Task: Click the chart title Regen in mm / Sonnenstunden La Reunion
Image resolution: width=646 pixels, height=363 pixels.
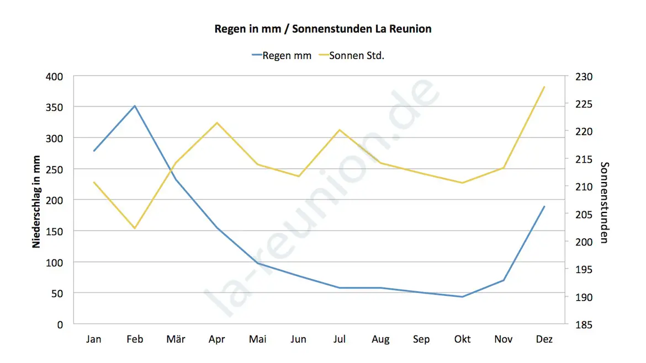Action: [323, 29]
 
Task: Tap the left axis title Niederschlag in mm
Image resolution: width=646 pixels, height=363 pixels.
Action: [36, 201]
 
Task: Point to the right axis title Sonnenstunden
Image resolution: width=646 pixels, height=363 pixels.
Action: [604, 202]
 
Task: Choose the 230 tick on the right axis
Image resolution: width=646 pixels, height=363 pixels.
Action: [583, 76]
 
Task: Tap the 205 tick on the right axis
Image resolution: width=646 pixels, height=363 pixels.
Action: [583, 214]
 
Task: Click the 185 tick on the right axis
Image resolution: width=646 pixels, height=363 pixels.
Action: [583, 324]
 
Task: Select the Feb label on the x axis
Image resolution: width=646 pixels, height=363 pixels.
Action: [135, 339]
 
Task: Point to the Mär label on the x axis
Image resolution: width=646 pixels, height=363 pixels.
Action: [176, 339]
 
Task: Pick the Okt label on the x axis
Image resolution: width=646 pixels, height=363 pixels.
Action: [463, 339]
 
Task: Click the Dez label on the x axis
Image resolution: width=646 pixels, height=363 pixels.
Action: [544, 339]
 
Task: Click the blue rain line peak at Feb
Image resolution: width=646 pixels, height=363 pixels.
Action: [135, 106]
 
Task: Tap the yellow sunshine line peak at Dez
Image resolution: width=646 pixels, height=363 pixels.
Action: [544, 87]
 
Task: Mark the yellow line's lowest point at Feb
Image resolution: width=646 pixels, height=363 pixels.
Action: [135, 228]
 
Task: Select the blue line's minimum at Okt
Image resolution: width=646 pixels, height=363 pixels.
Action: [463, 297]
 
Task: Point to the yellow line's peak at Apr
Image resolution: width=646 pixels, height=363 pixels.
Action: [217, 122]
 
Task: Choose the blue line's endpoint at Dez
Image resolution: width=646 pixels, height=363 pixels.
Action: [544, 206]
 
